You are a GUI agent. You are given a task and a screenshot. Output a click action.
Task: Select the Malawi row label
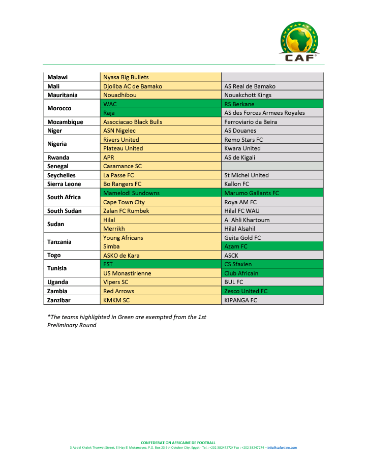point(57,77)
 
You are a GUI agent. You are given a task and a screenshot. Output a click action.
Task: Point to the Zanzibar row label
point(60,300)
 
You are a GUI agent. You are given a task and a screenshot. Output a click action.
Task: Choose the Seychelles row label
point(62,175)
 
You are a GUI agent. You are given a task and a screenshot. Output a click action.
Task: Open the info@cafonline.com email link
point(282,447)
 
